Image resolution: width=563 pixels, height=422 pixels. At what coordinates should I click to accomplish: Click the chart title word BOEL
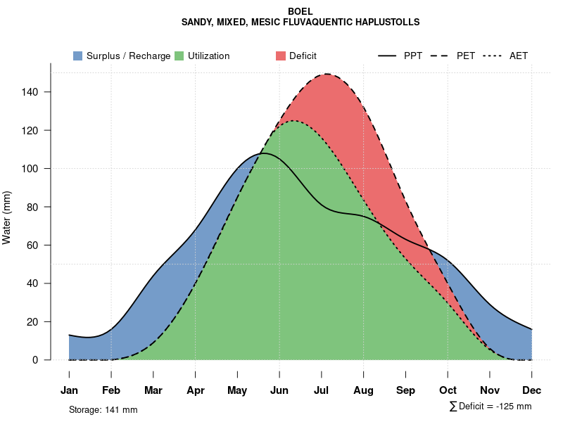tap(301, 11)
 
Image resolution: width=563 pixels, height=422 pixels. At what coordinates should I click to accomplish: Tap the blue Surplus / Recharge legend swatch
tap(77, 56)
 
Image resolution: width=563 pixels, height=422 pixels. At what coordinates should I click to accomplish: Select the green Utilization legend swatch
tap(179, 56)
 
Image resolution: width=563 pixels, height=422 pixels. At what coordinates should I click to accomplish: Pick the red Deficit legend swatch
tap(280, 56)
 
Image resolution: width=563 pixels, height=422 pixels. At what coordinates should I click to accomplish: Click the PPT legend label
tap(413, 56)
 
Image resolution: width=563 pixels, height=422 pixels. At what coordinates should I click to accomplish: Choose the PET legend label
tap(466, 56)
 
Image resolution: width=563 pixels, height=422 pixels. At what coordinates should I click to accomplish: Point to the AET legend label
tap(519, 56)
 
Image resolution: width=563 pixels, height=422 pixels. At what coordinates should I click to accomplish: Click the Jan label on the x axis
tap(69, 390)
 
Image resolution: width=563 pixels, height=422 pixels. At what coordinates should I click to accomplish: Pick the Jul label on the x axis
tap(322, 390)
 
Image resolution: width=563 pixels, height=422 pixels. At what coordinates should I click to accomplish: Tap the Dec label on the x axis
tap(532, 390)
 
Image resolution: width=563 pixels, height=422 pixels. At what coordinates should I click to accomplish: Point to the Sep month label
tap(406, 390)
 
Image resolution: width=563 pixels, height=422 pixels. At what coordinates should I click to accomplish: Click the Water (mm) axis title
tap(7, 217)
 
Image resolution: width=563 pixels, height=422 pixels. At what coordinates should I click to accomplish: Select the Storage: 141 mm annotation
tap(103, 409)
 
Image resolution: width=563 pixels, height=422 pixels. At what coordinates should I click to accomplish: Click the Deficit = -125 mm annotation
tap(491, 407)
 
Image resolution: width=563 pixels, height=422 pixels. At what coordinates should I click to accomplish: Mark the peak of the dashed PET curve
tap(327, 74)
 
